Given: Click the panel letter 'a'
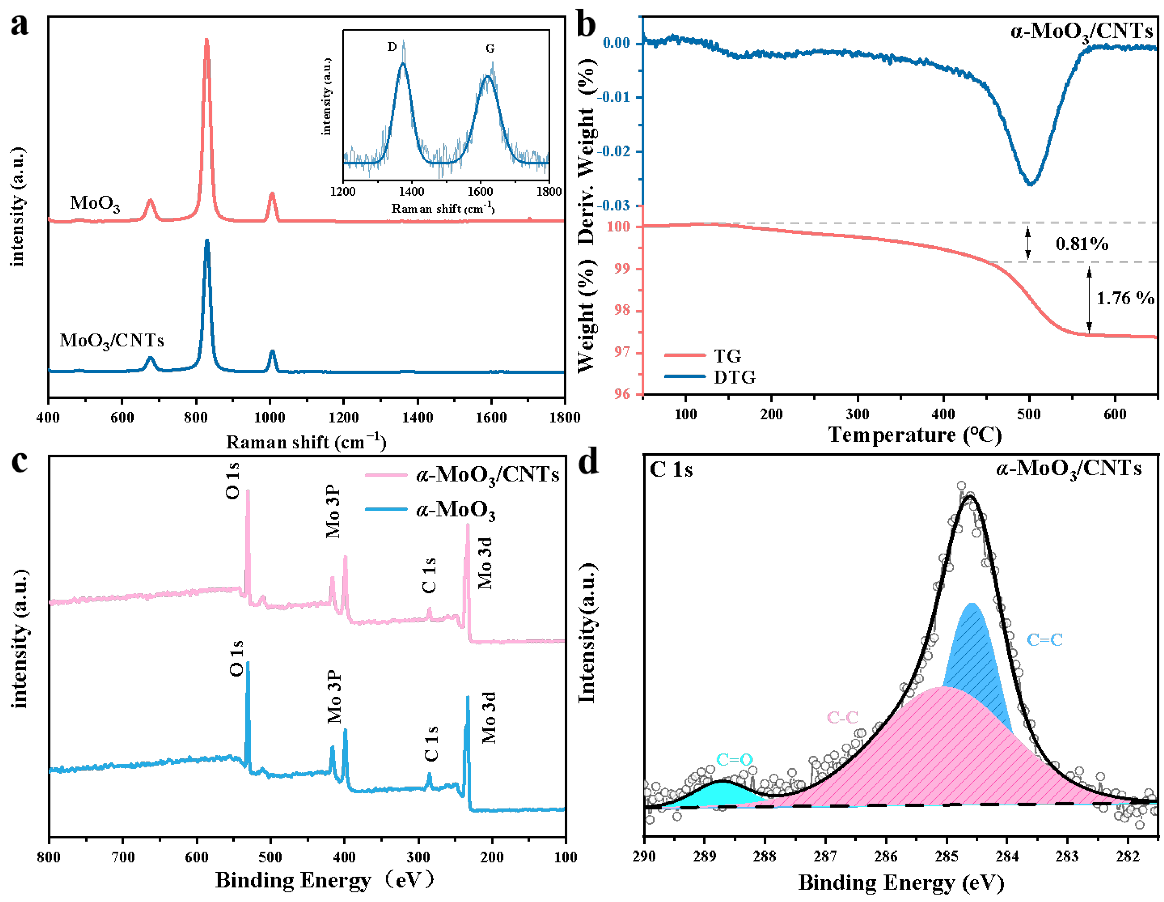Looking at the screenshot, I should point(20,25).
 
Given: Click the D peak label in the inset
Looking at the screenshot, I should point(392,47).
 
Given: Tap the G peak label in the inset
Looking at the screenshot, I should point(490,48).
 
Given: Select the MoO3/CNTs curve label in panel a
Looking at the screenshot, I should point(111,340).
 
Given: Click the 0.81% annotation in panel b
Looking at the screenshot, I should point(1082,244).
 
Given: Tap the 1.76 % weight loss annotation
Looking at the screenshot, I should point(1124,298).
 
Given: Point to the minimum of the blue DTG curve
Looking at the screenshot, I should point(1031,184).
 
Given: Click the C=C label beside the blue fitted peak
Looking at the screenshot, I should point(1045,640).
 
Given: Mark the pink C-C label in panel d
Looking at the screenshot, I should point(843,717).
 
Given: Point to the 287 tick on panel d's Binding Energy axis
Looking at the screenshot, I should point(825,857).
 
